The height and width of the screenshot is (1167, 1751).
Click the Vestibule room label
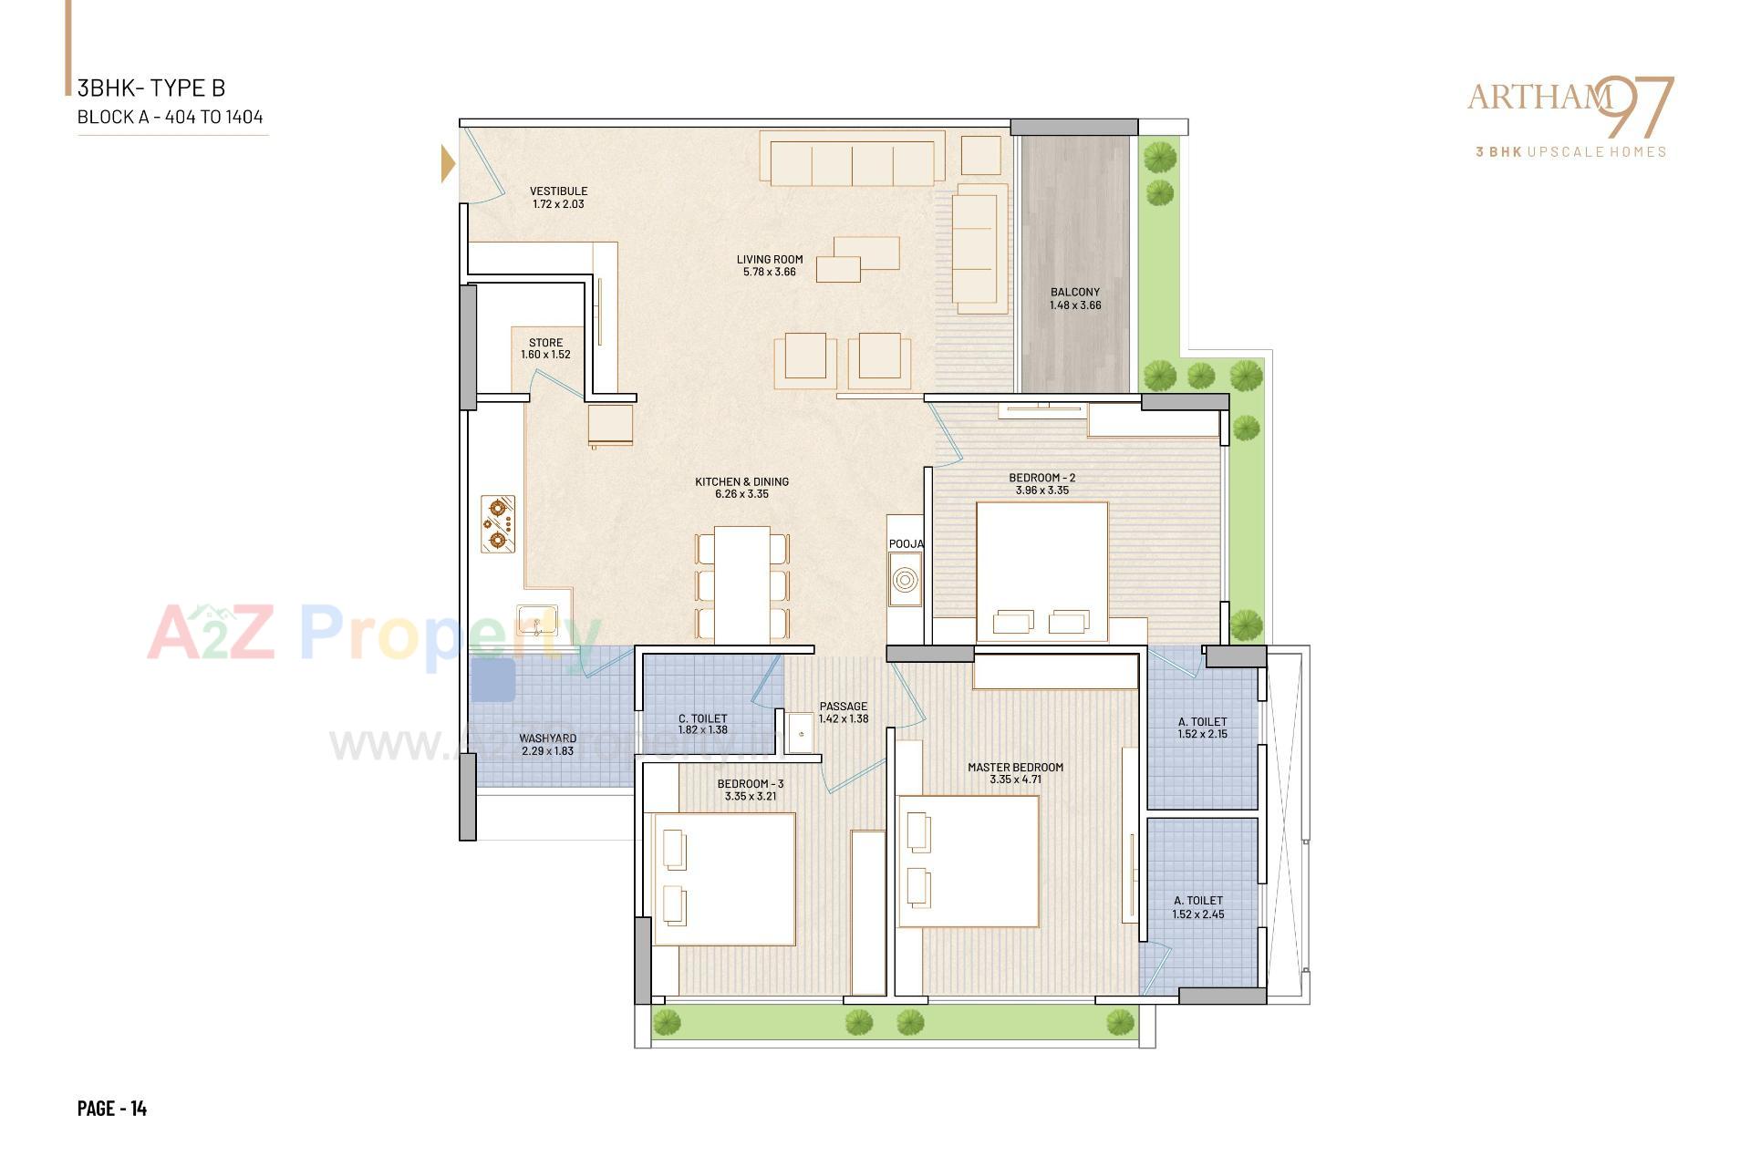(558, 191)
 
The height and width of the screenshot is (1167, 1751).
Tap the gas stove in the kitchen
(498, 524)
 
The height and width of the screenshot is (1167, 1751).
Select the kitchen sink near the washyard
(537, 622)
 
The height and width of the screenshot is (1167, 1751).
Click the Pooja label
(906, 544)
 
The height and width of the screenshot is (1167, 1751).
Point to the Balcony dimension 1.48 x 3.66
(1074, 305)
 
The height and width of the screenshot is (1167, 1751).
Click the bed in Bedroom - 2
(1041, 573)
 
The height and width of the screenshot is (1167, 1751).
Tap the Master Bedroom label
(1015, 767)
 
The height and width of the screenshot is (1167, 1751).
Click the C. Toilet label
(702, 718)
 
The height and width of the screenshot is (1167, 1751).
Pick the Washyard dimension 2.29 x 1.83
(547, 751)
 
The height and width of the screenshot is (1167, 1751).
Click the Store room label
(545, 343)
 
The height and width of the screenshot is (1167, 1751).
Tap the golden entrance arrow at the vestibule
(448, 164)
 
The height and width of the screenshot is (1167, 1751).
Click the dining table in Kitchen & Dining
(741, 584)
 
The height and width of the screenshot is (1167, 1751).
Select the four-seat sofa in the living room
(852, 160)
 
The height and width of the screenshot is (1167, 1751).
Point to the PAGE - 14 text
(112, 1108)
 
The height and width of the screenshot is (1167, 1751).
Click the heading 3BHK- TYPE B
(151, 88)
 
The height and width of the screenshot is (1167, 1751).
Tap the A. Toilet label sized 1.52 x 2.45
(1198, 901)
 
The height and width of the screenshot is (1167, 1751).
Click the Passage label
(843, 707)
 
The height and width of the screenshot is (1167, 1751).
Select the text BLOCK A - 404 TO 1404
(171, 117)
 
